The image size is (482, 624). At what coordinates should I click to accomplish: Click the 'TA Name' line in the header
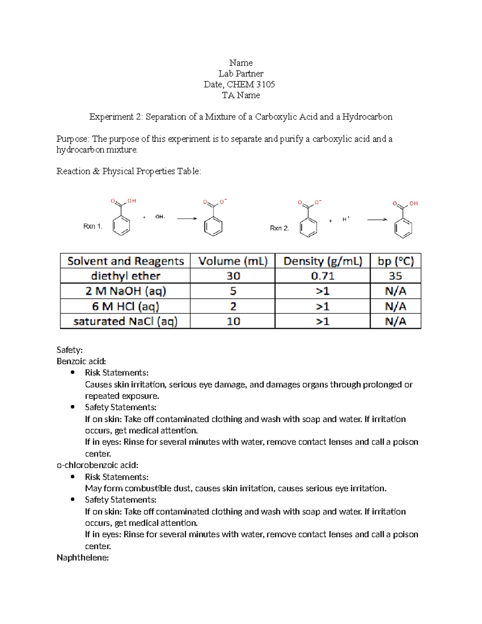pyautogui.click(x=241, y=95)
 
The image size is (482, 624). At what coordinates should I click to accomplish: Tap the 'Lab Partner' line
pyautogui.click(x=241, y=74)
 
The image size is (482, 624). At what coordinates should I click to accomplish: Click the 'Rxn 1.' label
pyautogui.click(x=93, y=226)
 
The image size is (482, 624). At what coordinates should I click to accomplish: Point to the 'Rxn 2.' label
pyautogui.click(x=279, y=228)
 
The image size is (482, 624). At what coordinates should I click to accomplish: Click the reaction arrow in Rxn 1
pyautogui.click(x=187, y=219)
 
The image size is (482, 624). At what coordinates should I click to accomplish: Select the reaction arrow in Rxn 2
pyautogui.click(x=377, y=219)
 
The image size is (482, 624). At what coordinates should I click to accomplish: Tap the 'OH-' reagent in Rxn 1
pyautogui.click(x=160, y=217)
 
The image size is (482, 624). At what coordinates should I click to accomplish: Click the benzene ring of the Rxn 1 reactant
pyautogui.click(x=121, y=225)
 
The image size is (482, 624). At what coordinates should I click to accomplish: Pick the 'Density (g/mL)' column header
pyautogui.click(x=323, y=261)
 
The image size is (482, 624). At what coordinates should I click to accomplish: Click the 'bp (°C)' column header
pyautogui.click(x=395, y=261)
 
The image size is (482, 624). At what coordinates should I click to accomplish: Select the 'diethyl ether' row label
pyautogui.click(x=125, y=276)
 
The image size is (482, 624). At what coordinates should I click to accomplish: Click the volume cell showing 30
pyautogui.click(x=233, y=276)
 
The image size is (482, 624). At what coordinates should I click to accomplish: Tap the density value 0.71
pyautogui.click(x=323, y=276)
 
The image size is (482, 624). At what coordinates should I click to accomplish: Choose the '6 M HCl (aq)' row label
pyautogui.click(x=125, y=307)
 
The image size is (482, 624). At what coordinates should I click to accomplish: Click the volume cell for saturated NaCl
pyautogui.click(x=233, y=321)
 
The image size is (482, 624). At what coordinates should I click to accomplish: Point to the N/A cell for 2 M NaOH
pyautogui.click(x=395, y=291)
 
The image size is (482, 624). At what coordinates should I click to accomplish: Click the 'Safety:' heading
pyautogui.click(x=69, y=350)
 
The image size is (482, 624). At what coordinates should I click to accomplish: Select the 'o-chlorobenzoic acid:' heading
pyautogui.click(x=97, y=465)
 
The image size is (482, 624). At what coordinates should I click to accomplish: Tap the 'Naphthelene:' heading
pyautogui.click(x=83, y=558)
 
